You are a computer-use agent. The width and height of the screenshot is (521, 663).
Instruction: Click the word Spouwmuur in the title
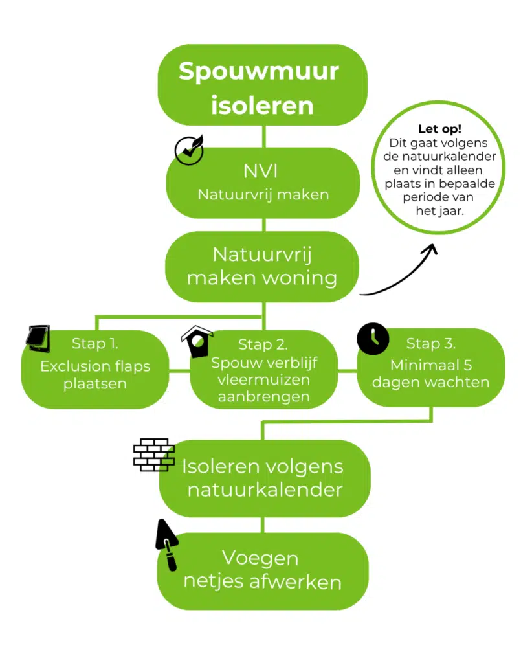tap(259, 71)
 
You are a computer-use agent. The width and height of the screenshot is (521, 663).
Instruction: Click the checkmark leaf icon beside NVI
tap(189, 151)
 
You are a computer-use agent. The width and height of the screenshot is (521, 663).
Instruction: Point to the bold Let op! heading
tap(440, 129)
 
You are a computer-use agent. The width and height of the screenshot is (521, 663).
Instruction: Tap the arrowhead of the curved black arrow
tap(430, 250)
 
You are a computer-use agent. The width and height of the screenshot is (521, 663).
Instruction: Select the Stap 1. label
tap(94, 343)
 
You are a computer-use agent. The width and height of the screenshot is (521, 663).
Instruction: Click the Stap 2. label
tap(263, 344)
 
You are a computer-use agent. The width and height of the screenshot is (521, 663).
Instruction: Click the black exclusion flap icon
tap(38, 337)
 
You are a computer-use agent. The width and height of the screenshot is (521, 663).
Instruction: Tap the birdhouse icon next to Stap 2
tap(197, 342)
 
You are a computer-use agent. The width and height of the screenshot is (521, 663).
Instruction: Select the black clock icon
tap(373, 339)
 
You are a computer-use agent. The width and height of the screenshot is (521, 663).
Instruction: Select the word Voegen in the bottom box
tap(260, 557)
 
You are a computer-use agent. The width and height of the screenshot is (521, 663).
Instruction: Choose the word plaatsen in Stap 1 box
tap(95, 384)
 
